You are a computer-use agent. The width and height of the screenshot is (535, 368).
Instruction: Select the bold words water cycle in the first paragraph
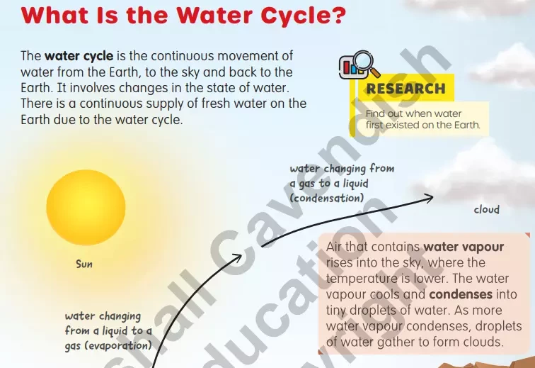(x=79, y=56)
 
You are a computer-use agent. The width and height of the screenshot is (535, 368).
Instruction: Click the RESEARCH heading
(x=405, y=89)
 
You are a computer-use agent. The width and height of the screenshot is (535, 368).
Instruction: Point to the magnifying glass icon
(x=366, y=63)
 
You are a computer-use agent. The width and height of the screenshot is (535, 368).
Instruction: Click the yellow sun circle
(x=86, y=208)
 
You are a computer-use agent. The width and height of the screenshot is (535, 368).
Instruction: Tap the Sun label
(x=84, y=264)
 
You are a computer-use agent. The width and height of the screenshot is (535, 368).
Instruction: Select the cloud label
(x=487, y=209)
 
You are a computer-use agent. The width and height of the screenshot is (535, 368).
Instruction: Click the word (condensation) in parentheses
(x=326, y=198)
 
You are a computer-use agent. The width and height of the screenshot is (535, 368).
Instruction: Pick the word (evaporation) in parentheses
(x=118, y=345)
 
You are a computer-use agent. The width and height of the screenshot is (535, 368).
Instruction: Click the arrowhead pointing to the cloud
(x=429, y=198)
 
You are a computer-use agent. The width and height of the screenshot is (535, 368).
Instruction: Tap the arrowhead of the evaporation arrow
(x=237, y=258)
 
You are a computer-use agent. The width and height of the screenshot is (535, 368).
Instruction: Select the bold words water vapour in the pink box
(x=464, y=247)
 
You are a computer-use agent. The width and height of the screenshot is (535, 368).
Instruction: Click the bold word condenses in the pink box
(x=461, y=294)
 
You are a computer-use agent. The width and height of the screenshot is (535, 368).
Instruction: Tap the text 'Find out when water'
(x=413, y=113)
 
